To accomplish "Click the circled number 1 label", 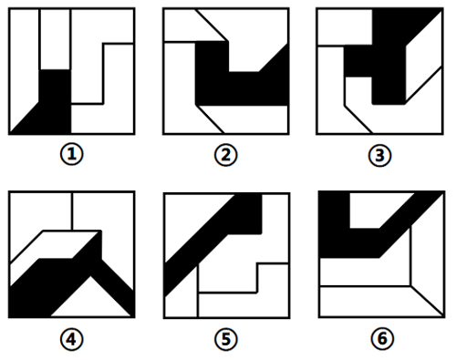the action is click(71, 155).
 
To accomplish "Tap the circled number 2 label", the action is click(226, 155).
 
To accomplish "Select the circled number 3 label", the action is click(379, 156).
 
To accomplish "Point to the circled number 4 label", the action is click(71, 339).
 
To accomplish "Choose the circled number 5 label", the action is click(226, 339).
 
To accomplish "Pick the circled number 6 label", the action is click(382, 339).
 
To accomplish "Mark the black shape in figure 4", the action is click(46, 289).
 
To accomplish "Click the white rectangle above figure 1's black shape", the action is click(55, 39).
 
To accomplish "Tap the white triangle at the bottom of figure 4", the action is click(90, 301).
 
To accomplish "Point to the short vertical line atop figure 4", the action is click(72, 211).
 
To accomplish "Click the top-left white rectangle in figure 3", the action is click(345, 27).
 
